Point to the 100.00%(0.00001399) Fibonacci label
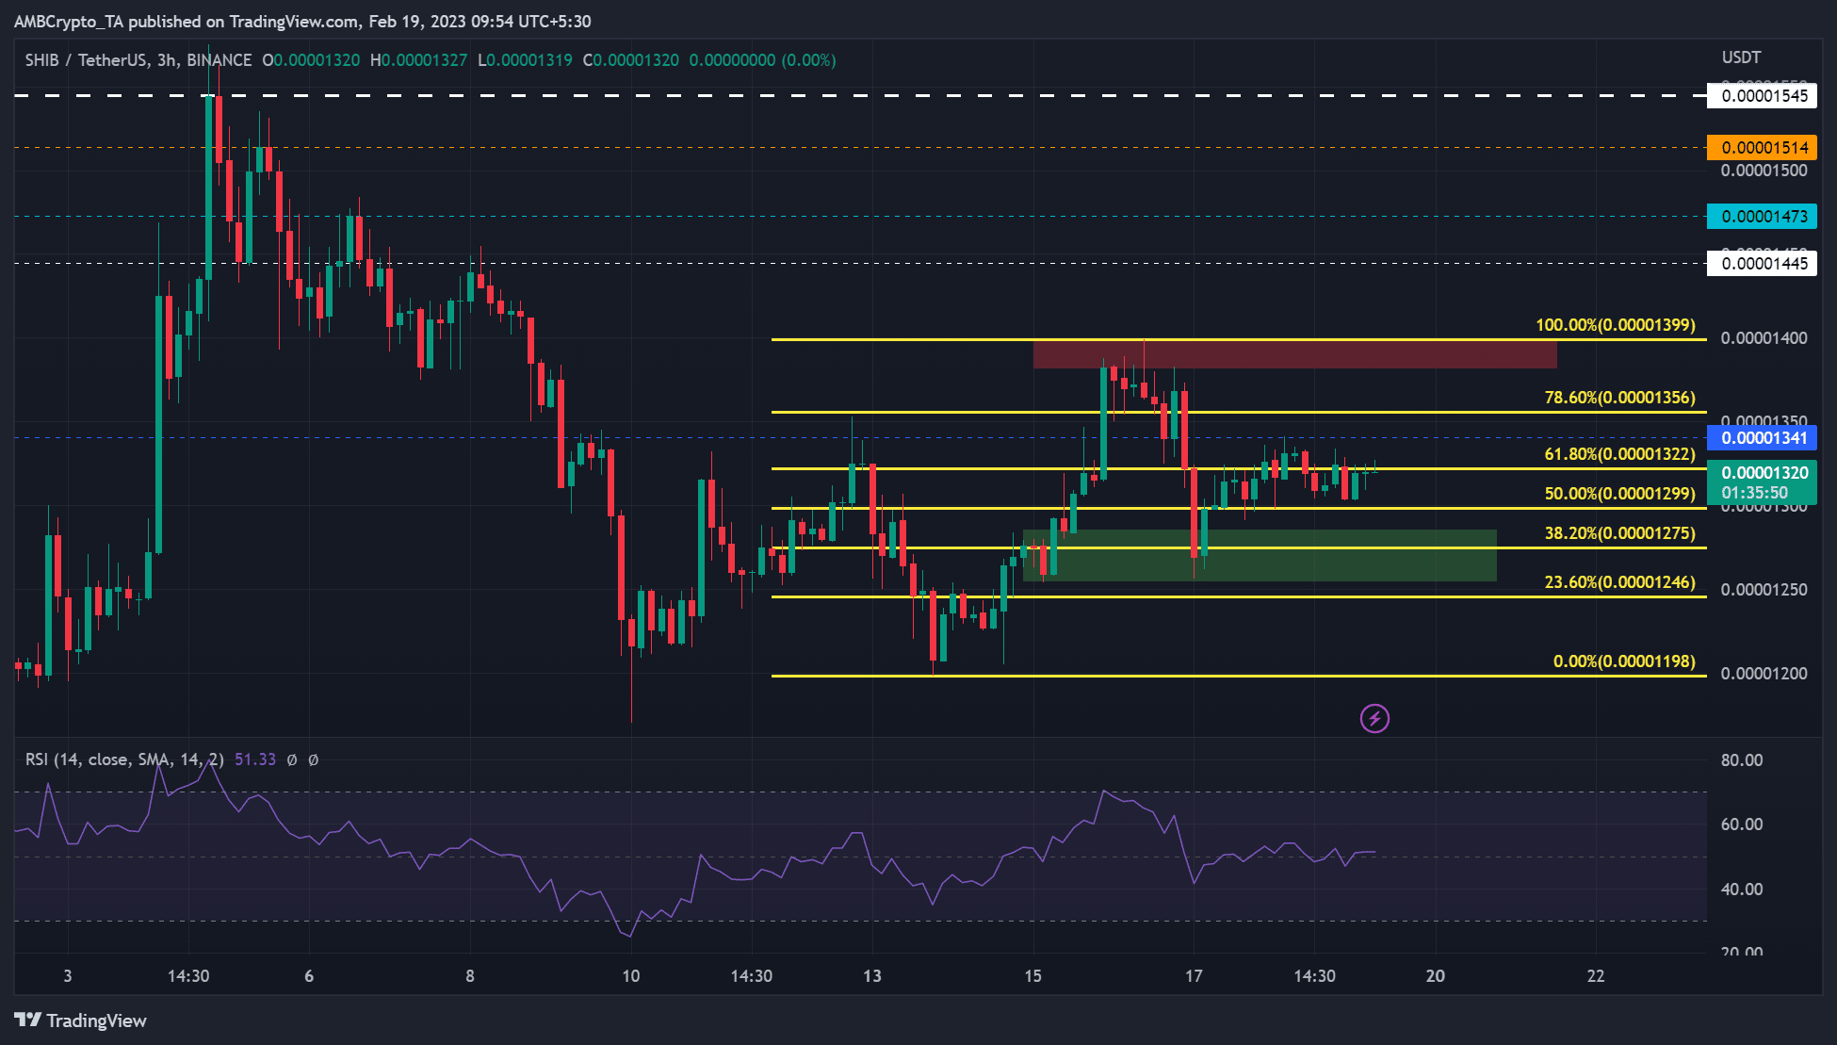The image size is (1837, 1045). pyautogui.click(x=1615, y=325)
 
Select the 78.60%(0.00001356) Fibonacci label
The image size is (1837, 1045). pyautogui.click(x=1619, y=398)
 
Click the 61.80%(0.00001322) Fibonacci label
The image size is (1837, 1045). pyautogui.click(x=1619, y=454)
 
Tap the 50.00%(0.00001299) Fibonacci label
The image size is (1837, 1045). pyautogui.click(x=1619, y=494)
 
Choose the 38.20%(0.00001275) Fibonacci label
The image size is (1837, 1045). pyautogui.click(x=1619, y=533)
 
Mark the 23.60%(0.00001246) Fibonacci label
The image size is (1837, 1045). pyautogui.click(x=1619, y=582)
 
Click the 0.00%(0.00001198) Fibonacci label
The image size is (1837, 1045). pyautogui.click(x=1623, y=661)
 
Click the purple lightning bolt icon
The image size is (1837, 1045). pyautogui.click(x=1374, y=719)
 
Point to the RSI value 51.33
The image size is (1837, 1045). pyautogui.click(x=255, y=759)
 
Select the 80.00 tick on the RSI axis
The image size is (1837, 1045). pyautogui.click(x=1741, y=760)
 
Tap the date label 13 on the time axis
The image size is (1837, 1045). pyautogui.click(x=872, y=976)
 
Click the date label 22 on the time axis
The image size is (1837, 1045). pyautogui.click(x=1596, y=976)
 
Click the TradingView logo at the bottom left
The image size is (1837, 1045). pyautogui.click(x=81, y=1021)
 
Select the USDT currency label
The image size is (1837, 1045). pyautogui.click(x=1741, y=57)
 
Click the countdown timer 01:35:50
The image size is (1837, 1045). pyautogui.click(x=1754, y=493)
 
